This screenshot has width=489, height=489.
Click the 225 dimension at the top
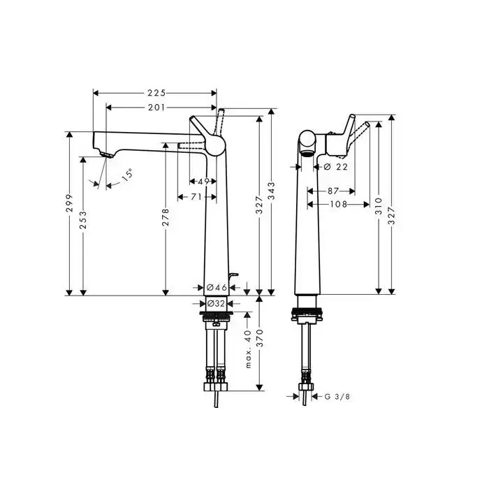[x=156, y=93]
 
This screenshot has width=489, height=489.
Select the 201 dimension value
[x=156, y=108]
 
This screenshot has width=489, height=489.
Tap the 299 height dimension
[x=69, y=203]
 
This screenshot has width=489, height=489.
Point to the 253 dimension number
[x=83, y=220]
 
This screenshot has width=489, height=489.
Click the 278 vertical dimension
[x=166, y=217]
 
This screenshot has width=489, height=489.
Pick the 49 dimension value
[x=203, y=181]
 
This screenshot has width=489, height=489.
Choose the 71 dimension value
[x=196, y=197]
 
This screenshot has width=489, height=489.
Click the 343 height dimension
[x=271, y=191]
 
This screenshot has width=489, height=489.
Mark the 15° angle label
[x=127, y=175]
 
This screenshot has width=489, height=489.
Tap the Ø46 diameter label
[x=217, y=287]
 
